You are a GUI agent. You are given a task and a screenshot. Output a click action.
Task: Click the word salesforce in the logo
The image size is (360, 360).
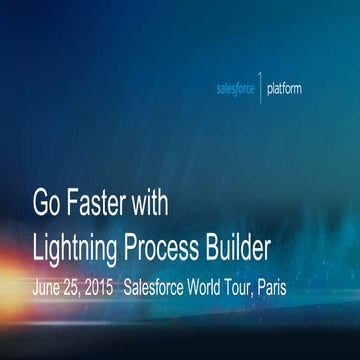pyautogui.click(x=237, y=88)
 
